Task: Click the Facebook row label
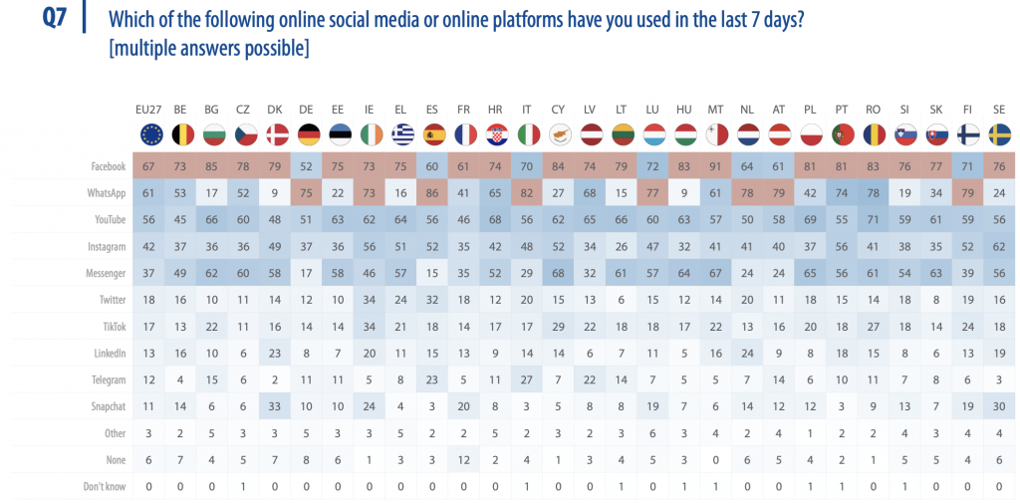tap(107, 166)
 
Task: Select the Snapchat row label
tap(107, 406)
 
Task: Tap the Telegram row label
tap(107, 379)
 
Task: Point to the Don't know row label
tap(103, 486)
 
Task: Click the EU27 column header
tap(150, 108)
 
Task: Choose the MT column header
tap(714, 108)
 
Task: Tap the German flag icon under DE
tap(308, 133)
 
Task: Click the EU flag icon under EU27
tap(151, 133)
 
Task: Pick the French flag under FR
tap(464, 133)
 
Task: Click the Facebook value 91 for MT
tap(714, 166)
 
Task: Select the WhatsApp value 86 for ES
tap(432, 193)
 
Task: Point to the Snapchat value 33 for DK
tap(276, 406)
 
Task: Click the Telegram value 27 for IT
tap(526, 379)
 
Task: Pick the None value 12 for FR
tap(464, 459)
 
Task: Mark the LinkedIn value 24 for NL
tap(746, 353)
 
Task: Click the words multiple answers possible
tap(208, 49)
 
